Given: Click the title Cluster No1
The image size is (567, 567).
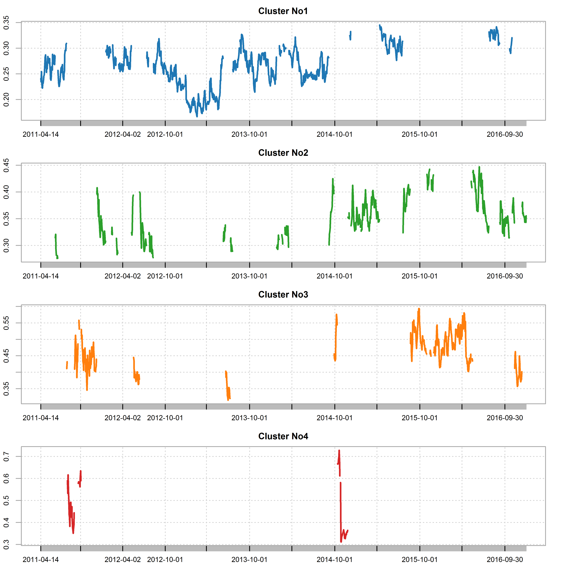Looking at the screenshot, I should tap(283, 11).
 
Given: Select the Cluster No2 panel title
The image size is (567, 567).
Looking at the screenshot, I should tap(283, 153).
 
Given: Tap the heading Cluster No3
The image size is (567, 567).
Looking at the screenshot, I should tap(283, 295).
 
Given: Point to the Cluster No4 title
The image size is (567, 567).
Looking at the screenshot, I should tap(283, 436).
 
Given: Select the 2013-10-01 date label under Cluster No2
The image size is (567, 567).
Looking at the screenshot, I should tap(249, 276).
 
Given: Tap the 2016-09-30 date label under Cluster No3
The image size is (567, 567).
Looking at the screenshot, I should tap(505, 418).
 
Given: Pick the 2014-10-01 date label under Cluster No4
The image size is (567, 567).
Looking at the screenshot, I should tap(335, 560).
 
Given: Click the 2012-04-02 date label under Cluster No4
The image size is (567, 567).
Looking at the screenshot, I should tap(123, 560).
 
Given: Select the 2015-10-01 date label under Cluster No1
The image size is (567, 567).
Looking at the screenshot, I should tap(420, 134).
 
